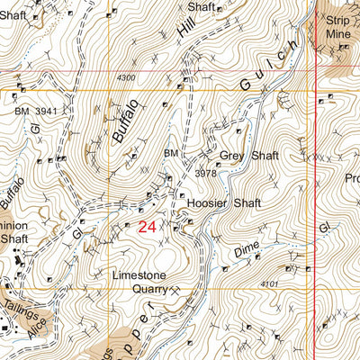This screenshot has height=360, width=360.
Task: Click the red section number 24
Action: point(148,229)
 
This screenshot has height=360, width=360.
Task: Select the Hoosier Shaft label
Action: point(224,203)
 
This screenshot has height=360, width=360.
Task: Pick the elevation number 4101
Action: point(266,285)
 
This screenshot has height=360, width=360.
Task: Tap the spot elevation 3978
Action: point(206,173)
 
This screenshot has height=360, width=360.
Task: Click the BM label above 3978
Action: point(171,154)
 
